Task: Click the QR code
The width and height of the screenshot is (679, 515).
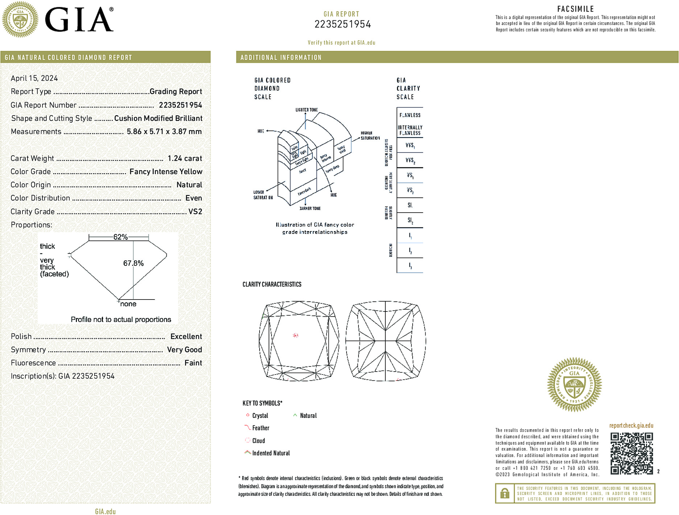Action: [x=631, y=453]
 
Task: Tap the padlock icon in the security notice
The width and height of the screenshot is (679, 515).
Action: [x=504, y=493]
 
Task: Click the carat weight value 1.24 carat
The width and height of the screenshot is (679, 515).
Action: [x=185, y=158]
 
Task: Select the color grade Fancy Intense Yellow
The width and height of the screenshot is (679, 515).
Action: [x=166, y=172]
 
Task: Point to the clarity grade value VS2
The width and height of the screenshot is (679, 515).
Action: [x=195, y=212]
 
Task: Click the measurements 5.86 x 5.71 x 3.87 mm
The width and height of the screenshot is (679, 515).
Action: [x=164, y=131]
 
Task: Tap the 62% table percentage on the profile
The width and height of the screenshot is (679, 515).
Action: [x=120, y=237]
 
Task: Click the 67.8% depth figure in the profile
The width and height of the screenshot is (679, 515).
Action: [x=133, y=263]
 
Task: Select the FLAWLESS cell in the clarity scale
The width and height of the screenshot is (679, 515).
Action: [x=410, y=115]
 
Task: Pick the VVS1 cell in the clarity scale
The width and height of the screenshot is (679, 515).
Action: [x=410, y=145]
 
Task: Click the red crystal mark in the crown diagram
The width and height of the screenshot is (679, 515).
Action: [x=295, y=335]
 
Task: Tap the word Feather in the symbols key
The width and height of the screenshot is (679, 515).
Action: [x=261, y=428]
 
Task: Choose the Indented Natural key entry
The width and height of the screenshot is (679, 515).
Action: [x=271, y=453]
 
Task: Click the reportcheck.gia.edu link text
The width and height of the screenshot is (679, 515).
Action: [x=631, y=426]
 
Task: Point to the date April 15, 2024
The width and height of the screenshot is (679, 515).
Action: [x=34, y=78]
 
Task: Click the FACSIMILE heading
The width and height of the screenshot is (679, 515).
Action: [x=575, y=9]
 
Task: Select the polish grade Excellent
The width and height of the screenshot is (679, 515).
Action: [x=186, y=336]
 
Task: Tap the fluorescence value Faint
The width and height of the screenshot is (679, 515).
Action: [x=193, y=363]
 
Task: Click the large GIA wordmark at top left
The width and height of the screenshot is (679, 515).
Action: [x=79, y=20]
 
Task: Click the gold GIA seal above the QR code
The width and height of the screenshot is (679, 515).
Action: [x=574, y=385]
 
